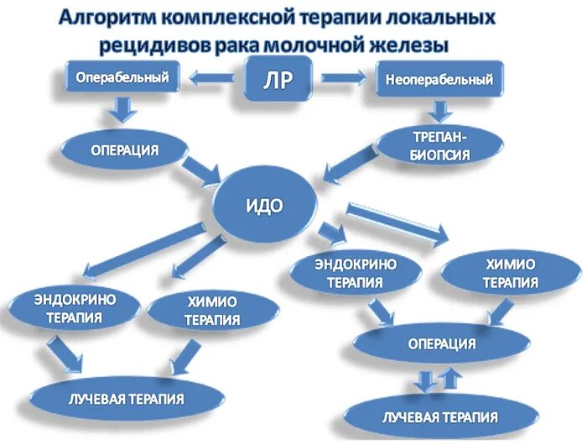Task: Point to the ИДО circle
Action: tap(266, 205)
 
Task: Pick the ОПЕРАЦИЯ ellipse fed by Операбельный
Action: tap(124, 150)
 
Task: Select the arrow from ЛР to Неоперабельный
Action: tap(345, 79)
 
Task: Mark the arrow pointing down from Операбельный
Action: tap(124, 109)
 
